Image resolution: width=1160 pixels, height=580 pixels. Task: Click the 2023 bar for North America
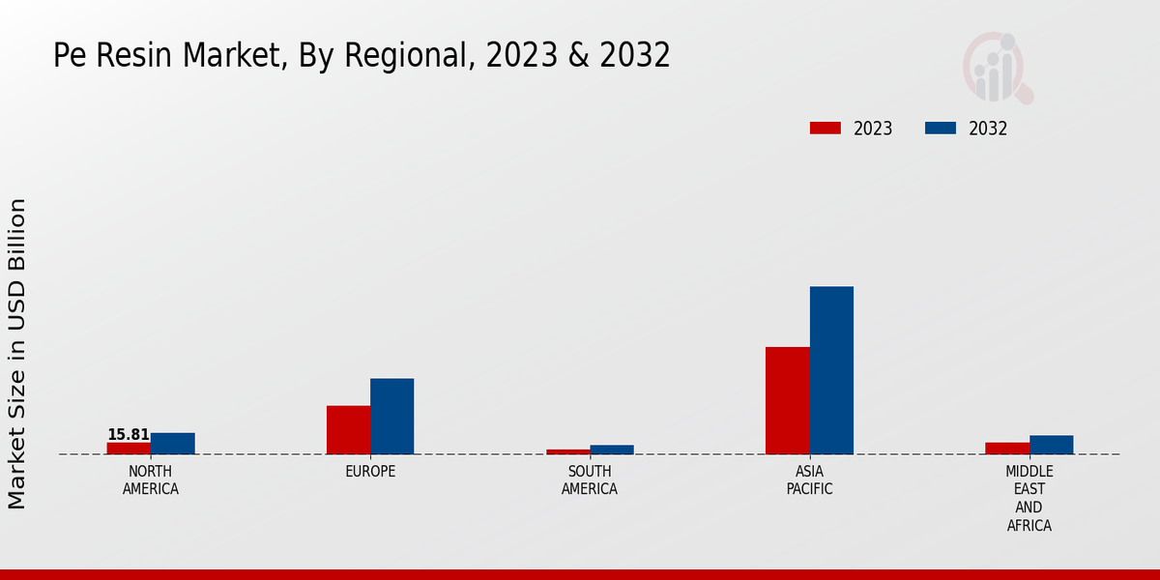pyautogui.click(x=129, y=449)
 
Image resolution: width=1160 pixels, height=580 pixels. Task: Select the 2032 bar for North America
pyautogui.click(x=172, y=444)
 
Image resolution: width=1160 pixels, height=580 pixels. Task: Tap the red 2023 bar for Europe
pyautogui.click(x=348, y=430)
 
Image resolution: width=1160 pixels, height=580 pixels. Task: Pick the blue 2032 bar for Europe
pyautogui.click(x=391, y=417)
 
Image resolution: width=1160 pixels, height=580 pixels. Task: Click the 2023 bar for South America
pyautogui.click(x=567, y=451)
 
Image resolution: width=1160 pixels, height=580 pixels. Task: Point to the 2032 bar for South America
pyautogui.click(x=612, y=449)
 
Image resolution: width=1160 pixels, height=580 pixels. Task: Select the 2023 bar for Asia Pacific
pyautogui.click(x=787, y=400)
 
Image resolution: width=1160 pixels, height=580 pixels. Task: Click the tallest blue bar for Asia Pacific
pyautogui.click(x=831, y=370)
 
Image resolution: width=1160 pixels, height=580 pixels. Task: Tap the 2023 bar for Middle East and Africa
pyautogui.click(x=1006, y=449)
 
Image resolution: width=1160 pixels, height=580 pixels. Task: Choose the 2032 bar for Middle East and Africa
pyautogui.click(x=1051, y=445)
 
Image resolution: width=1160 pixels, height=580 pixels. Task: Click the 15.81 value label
pyautogui.click(x=129, y=435)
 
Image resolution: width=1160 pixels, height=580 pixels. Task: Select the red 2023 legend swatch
pyautogui.click(x=826, y=129)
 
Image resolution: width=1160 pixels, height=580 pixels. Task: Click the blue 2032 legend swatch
pyautogui.click(x=941, y=129)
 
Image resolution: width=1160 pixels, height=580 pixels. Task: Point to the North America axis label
pyautogui.click(x=151, y=480)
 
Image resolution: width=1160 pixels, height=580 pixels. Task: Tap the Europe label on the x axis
pyautogui.click(x=370, y=472)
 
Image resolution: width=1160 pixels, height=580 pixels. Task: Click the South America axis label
pyautogui.click(x=590, y=480)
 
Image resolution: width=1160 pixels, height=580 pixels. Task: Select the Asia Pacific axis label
pyautogui.click(x=809, y=480)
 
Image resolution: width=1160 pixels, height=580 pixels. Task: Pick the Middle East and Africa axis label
pyautogui.click(x=1029, y=499)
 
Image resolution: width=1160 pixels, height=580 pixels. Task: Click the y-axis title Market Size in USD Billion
pyautogui.click(x=17, y=353)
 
